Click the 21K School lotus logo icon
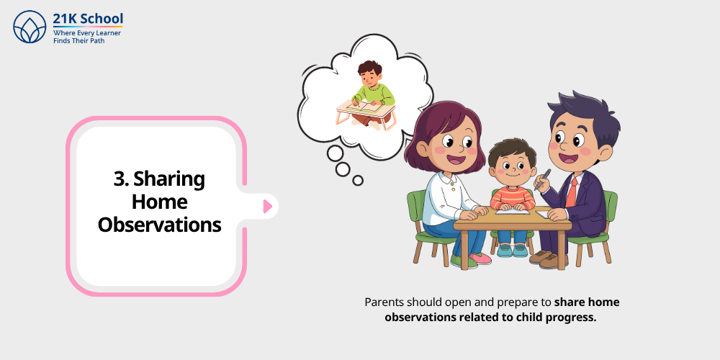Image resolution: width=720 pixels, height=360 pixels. (30, 27)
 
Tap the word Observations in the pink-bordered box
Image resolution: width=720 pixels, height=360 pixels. (159, 224)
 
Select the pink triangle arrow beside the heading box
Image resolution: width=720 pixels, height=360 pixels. (267, 207)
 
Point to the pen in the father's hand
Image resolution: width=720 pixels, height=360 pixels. (541, 179)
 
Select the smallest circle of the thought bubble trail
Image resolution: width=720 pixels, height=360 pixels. (358, 180)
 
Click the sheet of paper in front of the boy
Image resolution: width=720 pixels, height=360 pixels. (513, 210)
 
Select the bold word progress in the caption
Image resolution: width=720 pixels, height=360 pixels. (574, 318)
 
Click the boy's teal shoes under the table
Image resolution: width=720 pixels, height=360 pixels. (512, 250)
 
